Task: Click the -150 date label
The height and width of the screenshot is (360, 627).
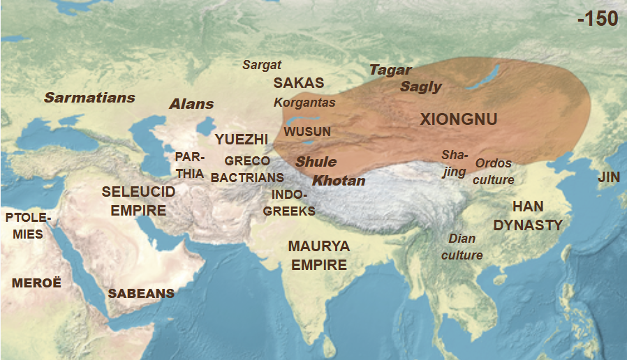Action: (x=598, y=19)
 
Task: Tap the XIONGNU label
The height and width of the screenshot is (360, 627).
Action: (x=459, y=119)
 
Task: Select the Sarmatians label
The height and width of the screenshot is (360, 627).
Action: (x=89, y=98)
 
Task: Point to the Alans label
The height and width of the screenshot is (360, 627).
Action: (x=191, y=104)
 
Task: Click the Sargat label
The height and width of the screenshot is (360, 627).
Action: (x=262, y=65)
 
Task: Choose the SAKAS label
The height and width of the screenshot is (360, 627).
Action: (x=298, y=82)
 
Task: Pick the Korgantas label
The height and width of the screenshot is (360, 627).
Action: (x=304, y=103)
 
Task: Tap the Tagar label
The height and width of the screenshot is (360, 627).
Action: (x=390, y=70)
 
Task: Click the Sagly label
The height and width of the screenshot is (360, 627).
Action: (x=421, y=87)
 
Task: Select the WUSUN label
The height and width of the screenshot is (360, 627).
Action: (x=307, y=131)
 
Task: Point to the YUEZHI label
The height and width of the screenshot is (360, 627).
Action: (x=242, y=139)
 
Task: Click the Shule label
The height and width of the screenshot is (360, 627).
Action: (x=316, y=161)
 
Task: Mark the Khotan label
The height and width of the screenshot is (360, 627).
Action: (x=339, y=181)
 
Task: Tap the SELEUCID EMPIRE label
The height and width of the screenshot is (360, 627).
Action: (x=134, y=200)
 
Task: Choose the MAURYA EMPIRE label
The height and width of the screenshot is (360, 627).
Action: (x=319, y=255)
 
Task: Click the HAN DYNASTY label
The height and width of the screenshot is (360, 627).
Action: (x=528, y=216)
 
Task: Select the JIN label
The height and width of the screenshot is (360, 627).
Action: (x=609, y=178)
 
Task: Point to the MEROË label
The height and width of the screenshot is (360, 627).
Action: (x=36, y=283)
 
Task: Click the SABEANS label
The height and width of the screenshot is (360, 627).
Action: (x=141, y=294)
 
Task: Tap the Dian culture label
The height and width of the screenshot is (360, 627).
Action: (x=462, y=247)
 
